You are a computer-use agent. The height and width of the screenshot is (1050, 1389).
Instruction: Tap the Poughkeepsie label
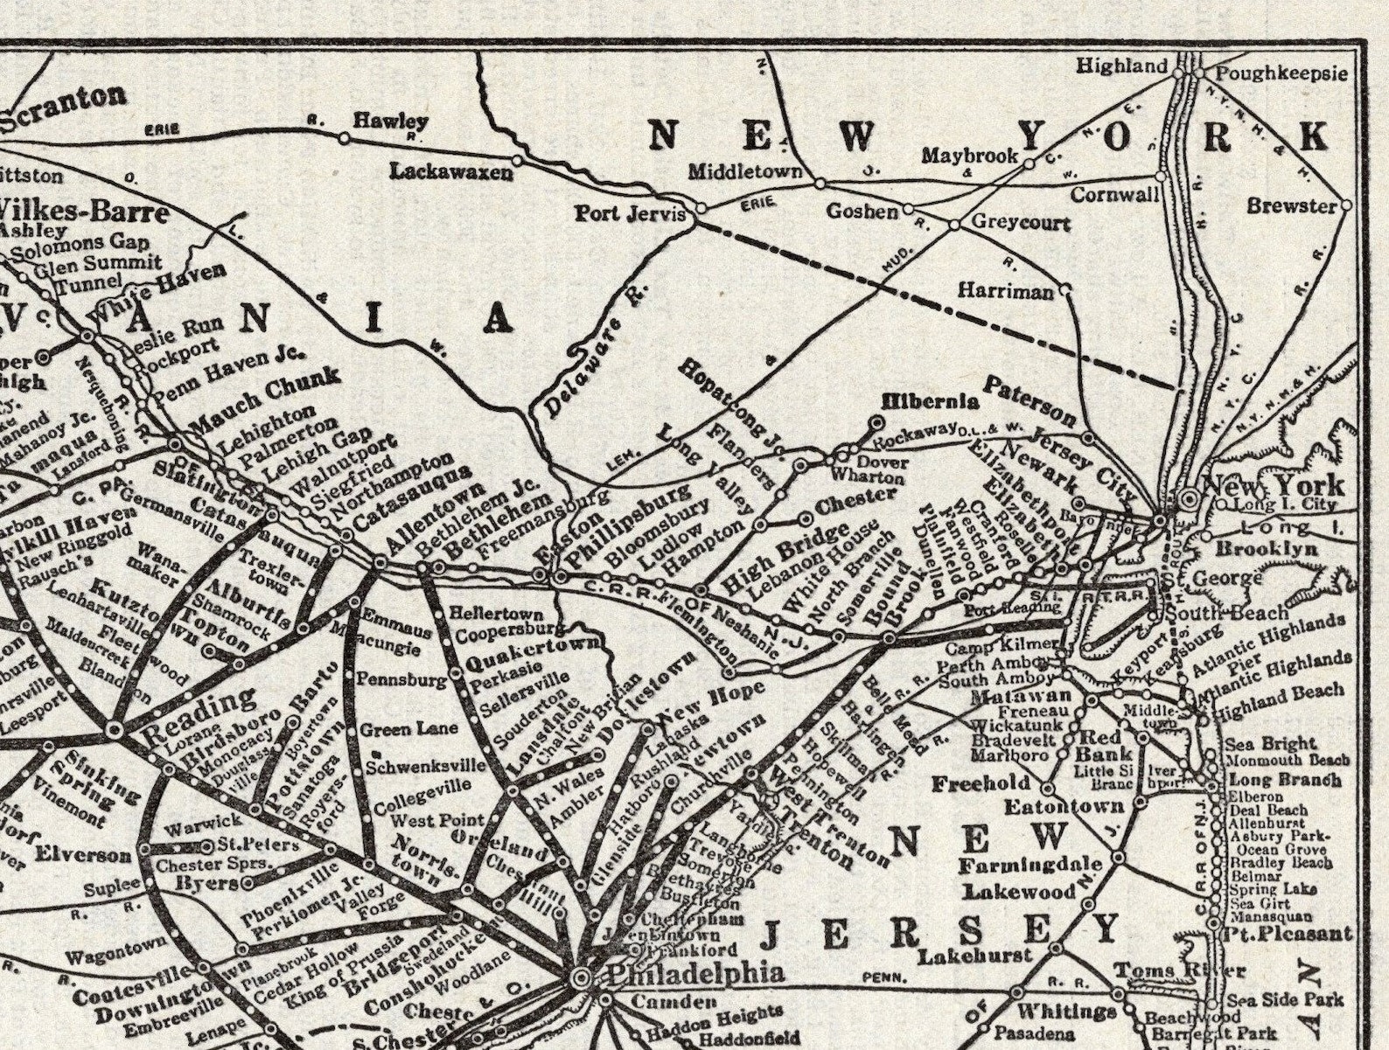(x=1282, y=73)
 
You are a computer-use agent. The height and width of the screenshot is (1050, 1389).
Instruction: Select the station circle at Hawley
(x=344, y=138)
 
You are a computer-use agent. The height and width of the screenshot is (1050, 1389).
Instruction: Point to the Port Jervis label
(x=629, y=212)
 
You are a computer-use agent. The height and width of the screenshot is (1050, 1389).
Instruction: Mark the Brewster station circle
(x=1346, y=205)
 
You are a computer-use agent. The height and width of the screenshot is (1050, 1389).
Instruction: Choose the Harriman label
(x=1006, y=291)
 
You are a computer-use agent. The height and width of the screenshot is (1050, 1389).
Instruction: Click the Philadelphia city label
(x=695, y=973)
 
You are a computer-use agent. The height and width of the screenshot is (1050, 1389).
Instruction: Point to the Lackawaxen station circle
(x=517, y=160)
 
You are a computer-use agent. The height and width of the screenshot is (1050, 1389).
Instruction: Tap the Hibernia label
(x=930, y=401)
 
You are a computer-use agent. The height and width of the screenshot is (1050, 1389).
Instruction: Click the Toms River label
(x=1179, y=971)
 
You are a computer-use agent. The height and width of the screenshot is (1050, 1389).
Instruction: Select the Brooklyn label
(x=1266, y=549)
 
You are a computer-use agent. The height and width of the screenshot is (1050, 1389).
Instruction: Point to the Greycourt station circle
(x=954, y=225)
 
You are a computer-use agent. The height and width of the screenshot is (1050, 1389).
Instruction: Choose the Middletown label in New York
(x=744, y=170)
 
